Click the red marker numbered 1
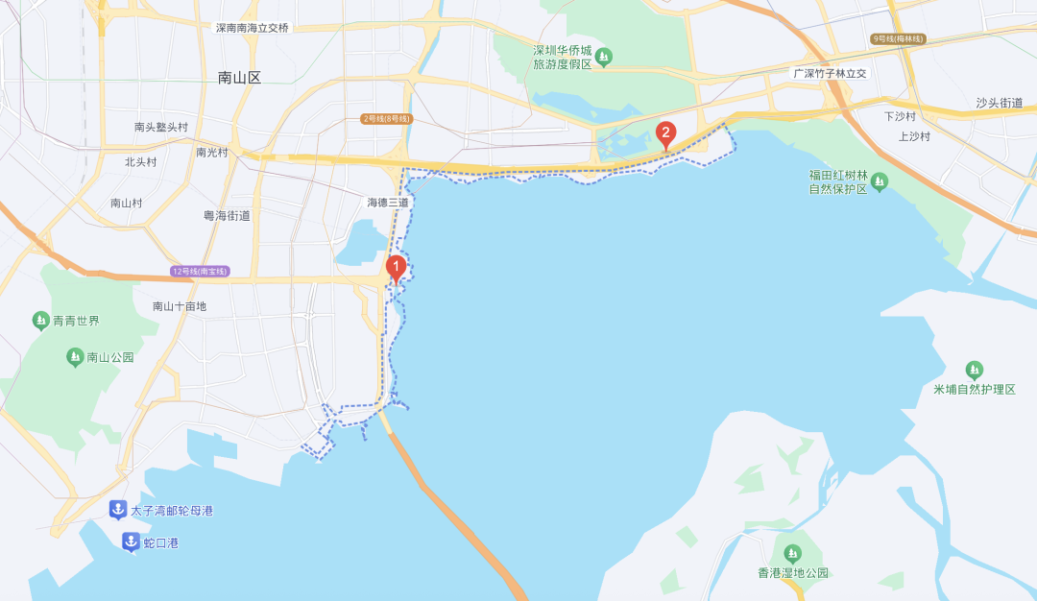pos(396,268)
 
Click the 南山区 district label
pos(239,78)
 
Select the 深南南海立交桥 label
pos(253,28)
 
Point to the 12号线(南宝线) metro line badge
pos(200,272)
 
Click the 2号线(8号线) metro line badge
pos(387,119)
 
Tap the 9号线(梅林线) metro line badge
pos(898,38)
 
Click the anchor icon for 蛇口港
pos(131,542)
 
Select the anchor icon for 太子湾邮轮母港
pos(117,510)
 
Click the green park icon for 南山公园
pos(75,357)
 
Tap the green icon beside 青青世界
pos(40,320)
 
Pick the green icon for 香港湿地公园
pos(792,553)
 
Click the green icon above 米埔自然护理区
pos(975,370)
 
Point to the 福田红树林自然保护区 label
pos(838,181)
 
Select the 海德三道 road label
pos(388,203)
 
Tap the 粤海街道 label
pos(227,216)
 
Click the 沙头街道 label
pos(999,103)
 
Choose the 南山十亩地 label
pos(180,306)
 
